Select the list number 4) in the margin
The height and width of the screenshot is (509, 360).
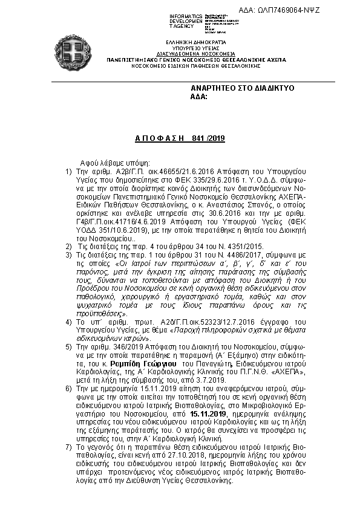pos(68,322)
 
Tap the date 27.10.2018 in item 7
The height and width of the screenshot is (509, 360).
pos(170,455)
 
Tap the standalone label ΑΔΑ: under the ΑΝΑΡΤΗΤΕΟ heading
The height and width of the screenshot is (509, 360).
pos(199,96)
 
